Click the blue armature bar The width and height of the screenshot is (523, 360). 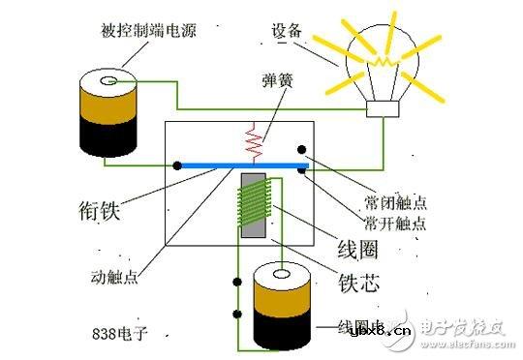(242, 166)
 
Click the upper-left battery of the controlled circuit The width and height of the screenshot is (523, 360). (106, 111)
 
